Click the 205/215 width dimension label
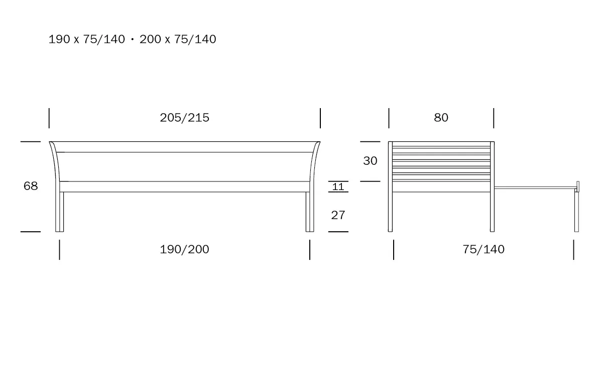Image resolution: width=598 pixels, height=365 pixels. click(185, 118)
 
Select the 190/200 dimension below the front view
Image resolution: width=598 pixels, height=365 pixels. click(185, 249)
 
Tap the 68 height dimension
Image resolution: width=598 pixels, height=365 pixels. click(31, 186)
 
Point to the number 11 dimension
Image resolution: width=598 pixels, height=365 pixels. click(338, 187)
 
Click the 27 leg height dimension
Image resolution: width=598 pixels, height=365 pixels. click(338, 215)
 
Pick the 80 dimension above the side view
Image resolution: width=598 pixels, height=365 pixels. click(441, 118)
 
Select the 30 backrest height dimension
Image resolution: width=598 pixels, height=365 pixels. click(371, 161)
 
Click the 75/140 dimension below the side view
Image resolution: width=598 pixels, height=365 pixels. click(484, 249)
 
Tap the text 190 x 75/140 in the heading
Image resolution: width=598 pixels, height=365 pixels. click(86, 39)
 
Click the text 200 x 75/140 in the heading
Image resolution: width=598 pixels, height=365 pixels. click(178, 39)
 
